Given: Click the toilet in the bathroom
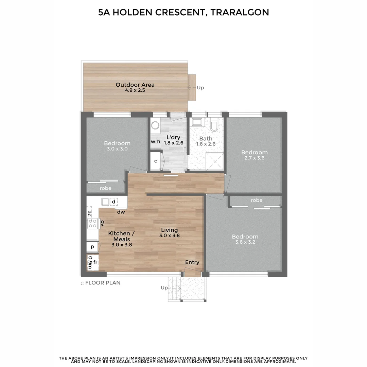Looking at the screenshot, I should tap(214, 125).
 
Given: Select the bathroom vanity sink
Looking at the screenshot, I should tap(197, 122).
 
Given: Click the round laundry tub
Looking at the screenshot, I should tap(155, 126).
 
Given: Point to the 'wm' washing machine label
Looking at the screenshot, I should tap(155, 141).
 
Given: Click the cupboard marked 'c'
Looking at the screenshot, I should tap(155, 161).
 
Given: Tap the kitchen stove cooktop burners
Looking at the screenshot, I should tap(93, 223).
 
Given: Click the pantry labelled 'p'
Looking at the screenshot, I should tap(92, 247).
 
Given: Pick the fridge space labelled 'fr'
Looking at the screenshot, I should tap(95, 262).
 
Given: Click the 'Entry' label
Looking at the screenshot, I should tap(192, 262).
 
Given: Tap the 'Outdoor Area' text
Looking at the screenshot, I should tap(135, 85).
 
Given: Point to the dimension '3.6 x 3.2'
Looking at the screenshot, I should tap(245, 242).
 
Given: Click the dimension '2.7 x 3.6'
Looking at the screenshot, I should tap(254, 158).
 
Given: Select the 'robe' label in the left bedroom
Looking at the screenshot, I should tap(105, 188).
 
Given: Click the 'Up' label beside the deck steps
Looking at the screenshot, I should tap(200, 88).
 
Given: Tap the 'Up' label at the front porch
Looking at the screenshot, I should tap(164, 288).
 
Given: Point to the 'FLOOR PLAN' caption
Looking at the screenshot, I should tap(103, 283).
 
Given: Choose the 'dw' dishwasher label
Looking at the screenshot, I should tap(121, 212).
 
